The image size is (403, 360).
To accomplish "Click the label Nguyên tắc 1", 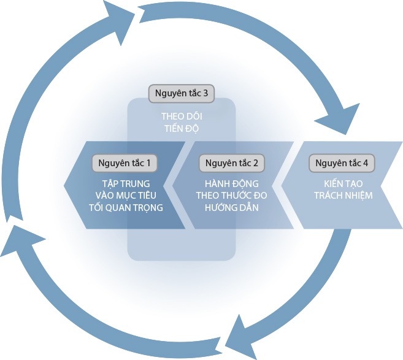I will click(125, 164).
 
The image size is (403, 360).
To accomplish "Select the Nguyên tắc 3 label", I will click(182, 94).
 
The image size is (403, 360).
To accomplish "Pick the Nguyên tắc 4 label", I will click(342, 164).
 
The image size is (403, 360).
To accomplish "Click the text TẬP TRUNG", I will click(125, 183).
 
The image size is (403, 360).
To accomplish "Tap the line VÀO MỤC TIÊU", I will click(125, 195).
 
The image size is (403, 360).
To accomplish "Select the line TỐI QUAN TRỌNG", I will click(125, 207).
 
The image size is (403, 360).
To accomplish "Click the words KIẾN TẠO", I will click(342, 183).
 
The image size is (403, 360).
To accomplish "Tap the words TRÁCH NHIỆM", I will click(342, 195).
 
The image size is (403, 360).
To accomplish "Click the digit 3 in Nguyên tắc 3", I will click(205, 94).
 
